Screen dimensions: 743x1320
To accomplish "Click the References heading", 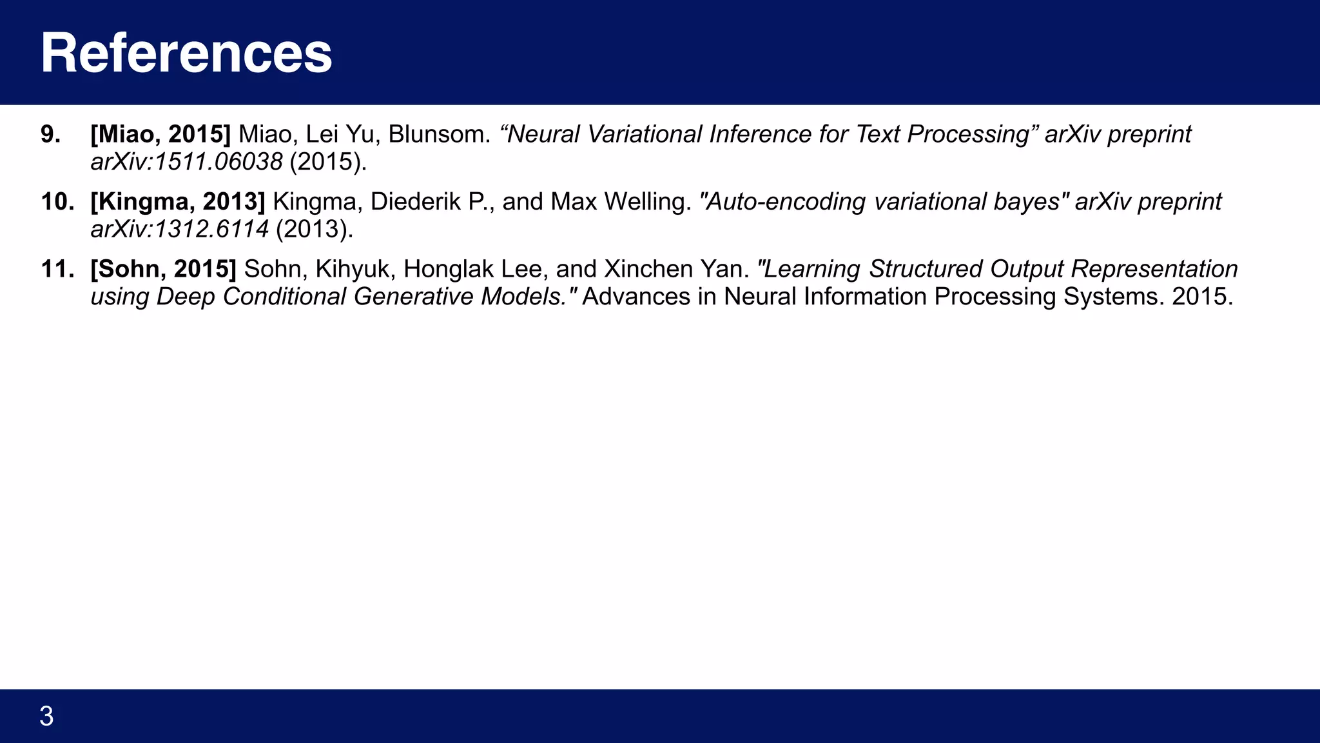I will click(186, 53).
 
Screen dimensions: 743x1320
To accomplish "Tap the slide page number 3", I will click(46, 717).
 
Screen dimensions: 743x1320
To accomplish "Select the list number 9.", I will click(50, 134).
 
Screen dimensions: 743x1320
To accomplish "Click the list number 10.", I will click(57, 202).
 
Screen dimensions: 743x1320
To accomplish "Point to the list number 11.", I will click(57, 269).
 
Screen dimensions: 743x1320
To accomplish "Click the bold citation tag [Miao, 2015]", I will click(160, 134).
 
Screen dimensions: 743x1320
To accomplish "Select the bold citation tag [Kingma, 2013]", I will click(178, 202).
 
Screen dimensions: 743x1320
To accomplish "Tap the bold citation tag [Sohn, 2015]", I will click(164, 269).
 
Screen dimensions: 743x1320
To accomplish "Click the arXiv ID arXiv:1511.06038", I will click(186, 162).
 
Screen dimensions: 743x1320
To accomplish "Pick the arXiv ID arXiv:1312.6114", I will click(179, 229).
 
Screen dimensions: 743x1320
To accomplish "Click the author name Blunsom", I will click(439, 134).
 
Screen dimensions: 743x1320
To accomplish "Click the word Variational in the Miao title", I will click(645, 134).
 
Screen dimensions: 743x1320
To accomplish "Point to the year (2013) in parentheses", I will click(315, 229).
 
